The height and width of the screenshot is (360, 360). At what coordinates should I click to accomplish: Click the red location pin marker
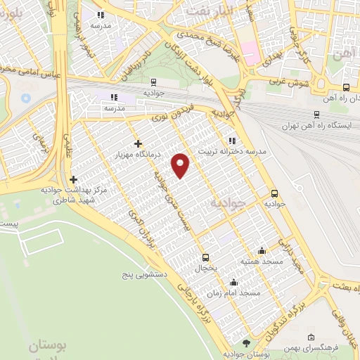(181, 165)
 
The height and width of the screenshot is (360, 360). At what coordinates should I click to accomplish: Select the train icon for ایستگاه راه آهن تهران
(315, 115)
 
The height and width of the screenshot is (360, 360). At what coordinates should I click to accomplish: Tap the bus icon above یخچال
(205, 257)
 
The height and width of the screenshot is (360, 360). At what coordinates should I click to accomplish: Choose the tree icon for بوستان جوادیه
(245, 342)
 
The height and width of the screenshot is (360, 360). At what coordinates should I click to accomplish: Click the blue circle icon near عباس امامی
(26, 96)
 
